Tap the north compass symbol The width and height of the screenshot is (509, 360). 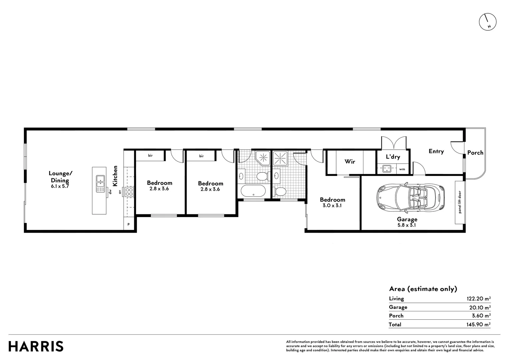(488, 22)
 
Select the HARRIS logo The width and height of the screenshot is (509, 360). (36, 346)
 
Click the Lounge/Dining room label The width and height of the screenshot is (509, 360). (60, 177)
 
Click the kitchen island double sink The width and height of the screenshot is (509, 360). (100, 184)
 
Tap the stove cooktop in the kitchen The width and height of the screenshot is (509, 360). (129, 192)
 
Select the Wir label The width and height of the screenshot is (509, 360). (350, 162)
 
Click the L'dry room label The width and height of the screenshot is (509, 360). (393, 157)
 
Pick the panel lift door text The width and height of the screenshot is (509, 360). (460, 202)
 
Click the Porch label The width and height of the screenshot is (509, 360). (475, 153)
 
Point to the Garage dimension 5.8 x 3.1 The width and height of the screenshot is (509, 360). (407, 225)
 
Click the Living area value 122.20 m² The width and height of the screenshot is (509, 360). (478, 299)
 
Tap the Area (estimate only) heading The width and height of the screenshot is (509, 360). (423, 289)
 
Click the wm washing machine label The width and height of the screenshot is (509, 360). (402, 169)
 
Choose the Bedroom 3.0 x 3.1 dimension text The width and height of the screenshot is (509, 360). (332, 206)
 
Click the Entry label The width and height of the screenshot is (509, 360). (436, 151)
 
